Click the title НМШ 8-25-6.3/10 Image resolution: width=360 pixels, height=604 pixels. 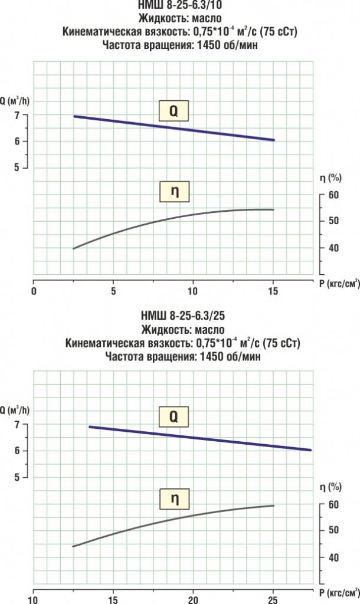pos(180,6)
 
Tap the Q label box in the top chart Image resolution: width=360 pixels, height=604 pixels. pos(174,110)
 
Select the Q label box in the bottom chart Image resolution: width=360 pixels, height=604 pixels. pos(174,417)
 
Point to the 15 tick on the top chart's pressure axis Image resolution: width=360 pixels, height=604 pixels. pos(273,291)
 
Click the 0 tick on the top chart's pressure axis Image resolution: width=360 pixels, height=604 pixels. pos(34,291)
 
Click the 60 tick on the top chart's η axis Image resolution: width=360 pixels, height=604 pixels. pos(332,195)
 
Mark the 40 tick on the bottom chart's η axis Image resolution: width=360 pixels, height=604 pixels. pos(332,557)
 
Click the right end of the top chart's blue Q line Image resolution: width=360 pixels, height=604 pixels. pos(274,140)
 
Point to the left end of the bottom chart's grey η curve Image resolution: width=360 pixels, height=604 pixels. pos(73,546)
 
